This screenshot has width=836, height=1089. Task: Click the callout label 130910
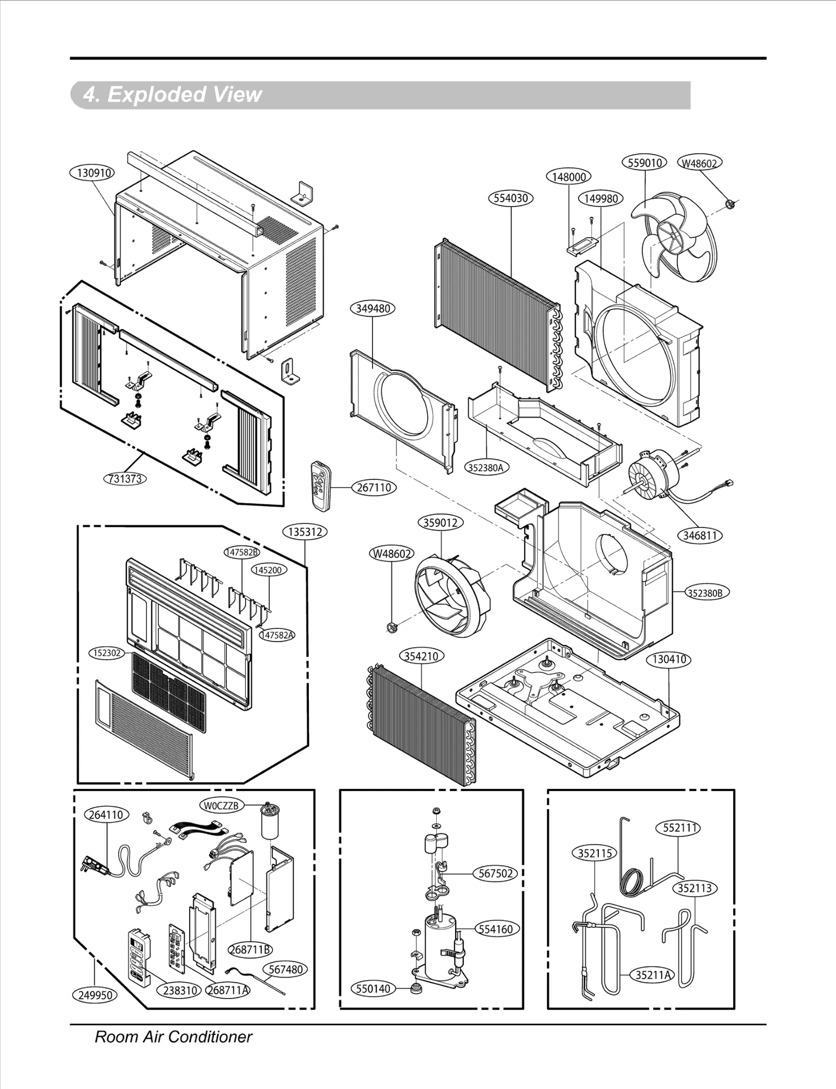pos(92,173)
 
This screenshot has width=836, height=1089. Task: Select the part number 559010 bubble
pos(645,163)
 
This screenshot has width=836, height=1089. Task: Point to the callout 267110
pos(374,487)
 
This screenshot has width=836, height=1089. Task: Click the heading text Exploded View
pos(172,95)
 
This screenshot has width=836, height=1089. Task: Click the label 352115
pos(595,853)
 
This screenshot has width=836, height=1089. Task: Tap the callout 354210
pos(422,656)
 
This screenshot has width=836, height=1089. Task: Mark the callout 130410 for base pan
pos(669,660)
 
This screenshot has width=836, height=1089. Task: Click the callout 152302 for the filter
pos(107,653)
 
